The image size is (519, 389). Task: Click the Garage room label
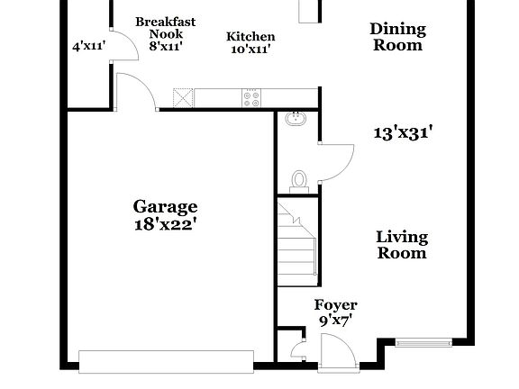click(165, 207)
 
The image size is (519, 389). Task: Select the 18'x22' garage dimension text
click(165, 223)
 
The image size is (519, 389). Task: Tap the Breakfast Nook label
click(165, 28)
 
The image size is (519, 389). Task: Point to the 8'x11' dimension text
click(165, 47)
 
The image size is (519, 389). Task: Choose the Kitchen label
click(250, 36)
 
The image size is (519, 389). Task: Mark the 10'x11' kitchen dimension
click(250, 50)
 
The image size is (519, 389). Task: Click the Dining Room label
click(397, 36)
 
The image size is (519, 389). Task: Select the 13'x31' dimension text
click(405, 132)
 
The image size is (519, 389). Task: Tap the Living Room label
click(402, 245)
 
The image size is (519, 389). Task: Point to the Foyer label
click(335, 305)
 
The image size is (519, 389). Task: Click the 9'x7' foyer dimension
click(335, 320)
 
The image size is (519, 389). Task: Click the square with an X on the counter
click(185, 97)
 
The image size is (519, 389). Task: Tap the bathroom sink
click(295, 120)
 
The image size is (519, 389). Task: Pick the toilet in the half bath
click(302, 179)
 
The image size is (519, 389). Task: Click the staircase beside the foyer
click(296, 243)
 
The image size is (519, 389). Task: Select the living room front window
click(425, 342)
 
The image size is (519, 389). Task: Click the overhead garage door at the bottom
click(166, 361)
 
